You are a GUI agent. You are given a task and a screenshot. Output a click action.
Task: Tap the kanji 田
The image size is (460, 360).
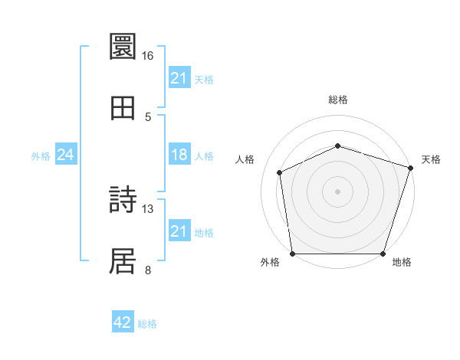click(x=123, y=107)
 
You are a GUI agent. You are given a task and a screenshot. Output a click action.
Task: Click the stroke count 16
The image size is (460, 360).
click(x=147, y=56)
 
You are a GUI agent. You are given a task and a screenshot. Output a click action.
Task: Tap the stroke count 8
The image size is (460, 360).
click(x=147, y=269)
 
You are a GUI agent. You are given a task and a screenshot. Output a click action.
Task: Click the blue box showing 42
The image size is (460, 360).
click(x=123, y=322)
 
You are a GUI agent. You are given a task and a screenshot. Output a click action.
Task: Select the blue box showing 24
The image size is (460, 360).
click(x=66, y=155)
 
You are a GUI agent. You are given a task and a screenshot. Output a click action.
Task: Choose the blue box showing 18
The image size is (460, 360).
click(x=179, y=155)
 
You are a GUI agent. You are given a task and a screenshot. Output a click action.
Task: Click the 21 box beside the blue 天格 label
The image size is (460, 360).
click(x=179, y=78)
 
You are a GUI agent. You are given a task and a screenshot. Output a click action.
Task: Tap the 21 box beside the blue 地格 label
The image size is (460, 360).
click(x=179, y=231)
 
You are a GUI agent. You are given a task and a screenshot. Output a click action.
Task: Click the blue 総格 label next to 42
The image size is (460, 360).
click(x=147, y=324)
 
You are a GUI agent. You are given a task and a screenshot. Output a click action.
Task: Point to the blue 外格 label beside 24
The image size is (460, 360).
click(x=41, y=155)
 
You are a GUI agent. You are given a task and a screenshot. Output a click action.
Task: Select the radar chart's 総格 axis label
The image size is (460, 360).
click(x=337, y=100)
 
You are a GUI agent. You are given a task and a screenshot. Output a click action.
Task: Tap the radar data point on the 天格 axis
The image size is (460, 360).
click(x=410, y=168)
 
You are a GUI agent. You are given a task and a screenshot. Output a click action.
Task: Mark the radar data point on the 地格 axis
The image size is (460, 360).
click(x=383, y=254)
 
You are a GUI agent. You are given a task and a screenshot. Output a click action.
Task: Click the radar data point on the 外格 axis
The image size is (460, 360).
click(x=292, y=254)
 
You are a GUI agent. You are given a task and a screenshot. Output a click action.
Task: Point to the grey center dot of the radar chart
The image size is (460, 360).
click(x=337, y=191)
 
